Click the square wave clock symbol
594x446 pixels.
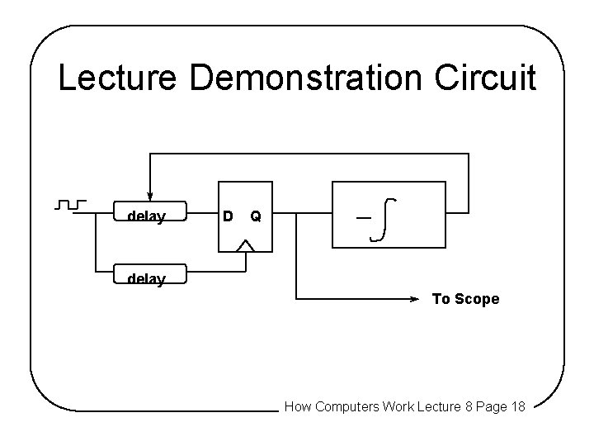[x=71, y=203]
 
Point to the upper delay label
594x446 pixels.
[x=146, y=217]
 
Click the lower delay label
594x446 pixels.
[x=146, y=279]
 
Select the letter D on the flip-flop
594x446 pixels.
[x=228, y=216]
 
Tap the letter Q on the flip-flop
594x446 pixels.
[x=256, y=216]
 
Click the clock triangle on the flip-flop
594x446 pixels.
[x=245, y=244]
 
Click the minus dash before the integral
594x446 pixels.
[x=362, y=217]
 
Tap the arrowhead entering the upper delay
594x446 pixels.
[x=149, y=196]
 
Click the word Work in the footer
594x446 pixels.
[x=399, y=406]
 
